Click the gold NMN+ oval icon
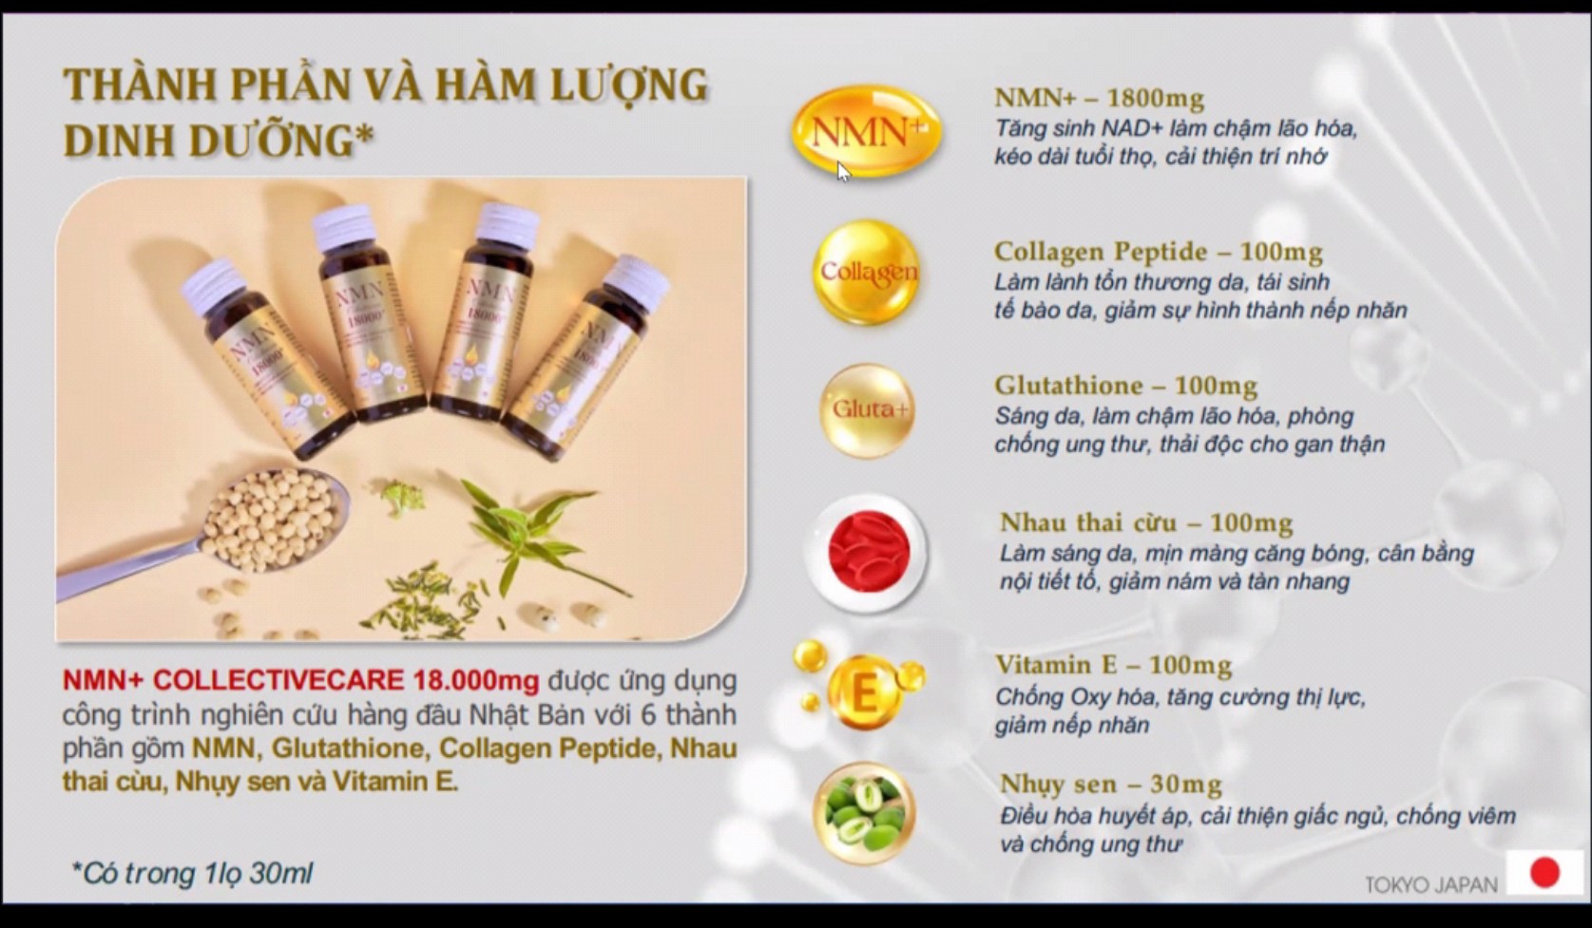pyautogui.click(x=866, y=131)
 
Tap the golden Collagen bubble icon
pyautogui.click(x=867, y=273)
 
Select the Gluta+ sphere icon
pyautogui.click(x=867, y=410)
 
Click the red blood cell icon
pyautogui.click(x=867, y=552)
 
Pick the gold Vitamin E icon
pyautogui.click(x=863, y=691)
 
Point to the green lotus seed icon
pyautogui.click(x=863, y=813)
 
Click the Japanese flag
pyautogui.click(x=1544, y=872)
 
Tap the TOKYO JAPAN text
pyautogui.click(x=1430, y=884)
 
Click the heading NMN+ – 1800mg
pyautogui.click(x=1099, y=98)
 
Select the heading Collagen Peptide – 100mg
pyautogui.click(x=1158, y=252)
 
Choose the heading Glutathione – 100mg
pyautogui.click(x=1125, y=386)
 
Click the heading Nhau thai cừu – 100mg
pyautogui.click(x=1145, y=522)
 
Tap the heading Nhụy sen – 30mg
pyautogui.click(x=1110, y=785)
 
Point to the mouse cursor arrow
pyautogui.click(x=843, y=171)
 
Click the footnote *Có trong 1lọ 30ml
pyautogui.click(x=193, y=873)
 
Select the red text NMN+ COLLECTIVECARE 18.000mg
pyautogui.click(x=300, y=680)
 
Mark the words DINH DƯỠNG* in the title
pyautogui.click(x=218, y=141)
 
